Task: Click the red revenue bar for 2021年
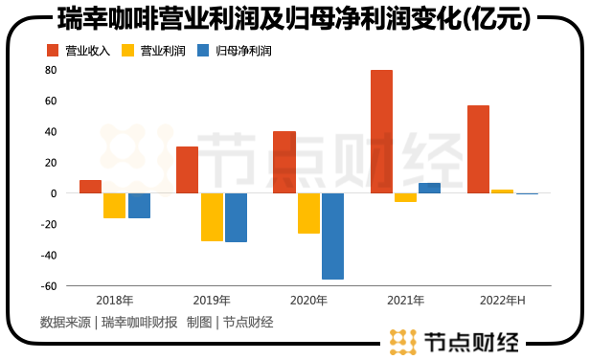pyautogui.click(x=381, y=131)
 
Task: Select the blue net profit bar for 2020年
pyautogui.click(x=332, y=236)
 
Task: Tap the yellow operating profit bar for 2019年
pyautogui.click(x=212, y=216)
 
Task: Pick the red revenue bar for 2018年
pyautogui.click(x=91, y=187)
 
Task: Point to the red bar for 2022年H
pyautogui.click(x=478, y=149)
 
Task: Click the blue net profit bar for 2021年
pyautogui.click(x=429, y=188)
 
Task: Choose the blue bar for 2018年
pyautogui.click(x=139, y=205)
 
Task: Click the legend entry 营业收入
pyautogui.click(x=78, y=50)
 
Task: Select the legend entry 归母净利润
pyautogui.click(x=233, y=50)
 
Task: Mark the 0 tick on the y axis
pyautogui.click(x=54, y=193)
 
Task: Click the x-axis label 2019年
pyautogui.click(x=212, y=301)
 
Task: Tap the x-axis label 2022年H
pyautogui.click(x=502, y=301)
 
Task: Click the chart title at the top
pyautogui.click(x=294, y=19)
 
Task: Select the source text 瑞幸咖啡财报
pyautogui.click(x=140, y=322)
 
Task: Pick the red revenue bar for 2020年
pyautogui.click(x=284, y=162)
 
